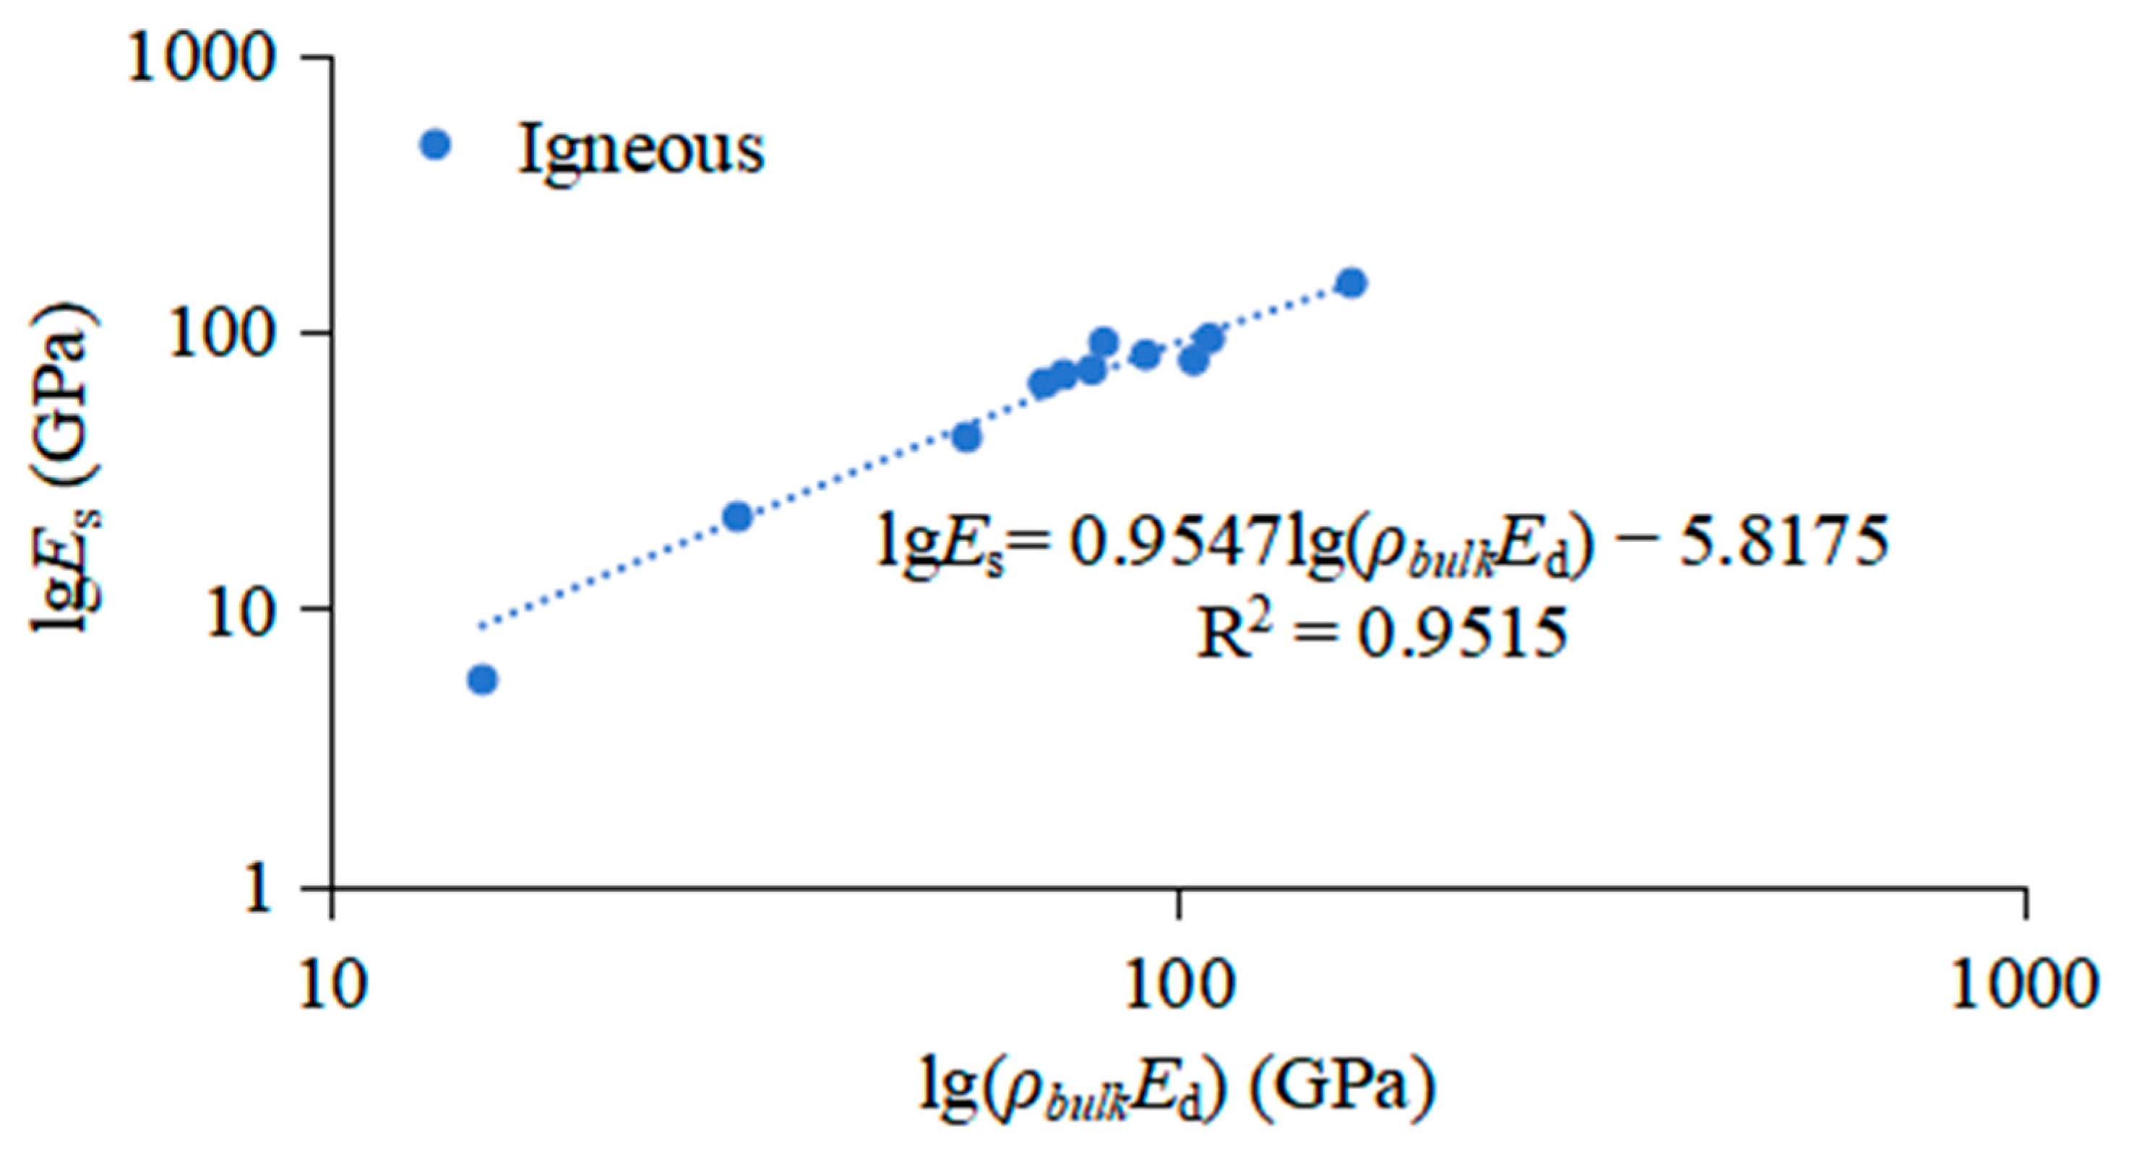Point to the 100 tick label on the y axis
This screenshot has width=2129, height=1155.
[220, 334]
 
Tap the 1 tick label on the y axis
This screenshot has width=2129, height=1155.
[257, 889]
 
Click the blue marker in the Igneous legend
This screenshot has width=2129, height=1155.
[436, 144]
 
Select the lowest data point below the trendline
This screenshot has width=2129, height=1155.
[483, 680]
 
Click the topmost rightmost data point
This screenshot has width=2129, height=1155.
[1352, 282]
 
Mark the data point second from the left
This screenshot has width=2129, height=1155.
[737, 517]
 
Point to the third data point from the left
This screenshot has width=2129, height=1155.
[966, 437]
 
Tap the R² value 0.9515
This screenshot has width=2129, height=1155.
[1463, 634]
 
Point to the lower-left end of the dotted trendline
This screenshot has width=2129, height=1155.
[479, 627]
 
